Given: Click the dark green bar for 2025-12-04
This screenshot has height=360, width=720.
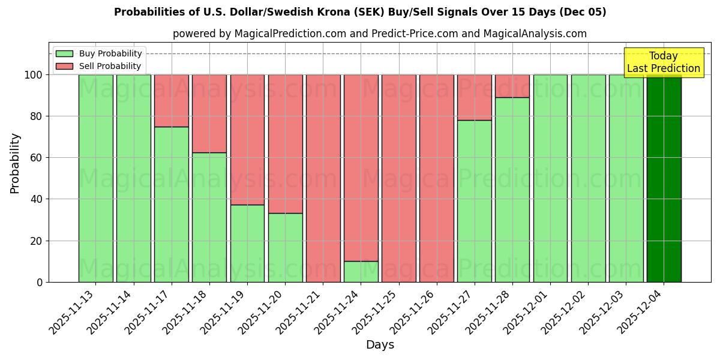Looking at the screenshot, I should (x=664, y=178).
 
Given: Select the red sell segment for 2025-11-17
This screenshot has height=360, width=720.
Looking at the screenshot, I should (x=172, y=100).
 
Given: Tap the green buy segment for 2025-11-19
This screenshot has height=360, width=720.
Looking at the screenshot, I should (x=247, y=243).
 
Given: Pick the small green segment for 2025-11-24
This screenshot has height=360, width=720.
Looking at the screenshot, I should (x=361, y=271).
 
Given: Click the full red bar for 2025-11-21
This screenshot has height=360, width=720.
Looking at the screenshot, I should (x=323, y=178).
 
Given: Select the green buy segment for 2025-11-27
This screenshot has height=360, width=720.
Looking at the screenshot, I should (x=475, y=201).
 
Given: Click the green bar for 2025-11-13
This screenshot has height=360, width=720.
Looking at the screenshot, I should (x=96, y=178).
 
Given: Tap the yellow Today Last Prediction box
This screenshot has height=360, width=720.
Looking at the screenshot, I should (x=664, y=62).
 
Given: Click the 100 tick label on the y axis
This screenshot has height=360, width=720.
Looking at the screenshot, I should (x=32, y=75).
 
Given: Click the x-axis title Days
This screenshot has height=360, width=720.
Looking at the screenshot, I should (x=380, y=345).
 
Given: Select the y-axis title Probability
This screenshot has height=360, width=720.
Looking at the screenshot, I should (x=15, y=163).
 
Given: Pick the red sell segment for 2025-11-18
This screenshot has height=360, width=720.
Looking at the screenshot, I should (x=209, y=113).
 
